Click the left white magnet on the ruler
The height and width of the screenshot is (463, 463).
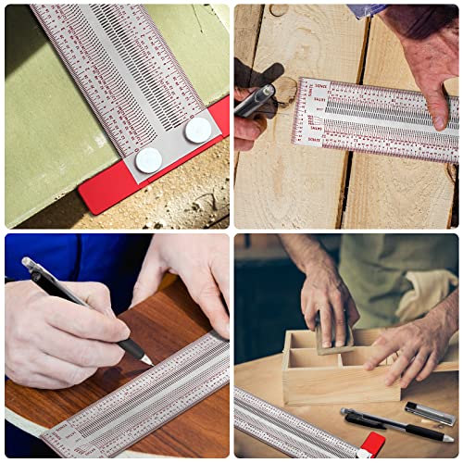point(148,160)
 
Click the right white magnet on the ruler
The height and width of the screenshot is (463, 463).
point(197,131)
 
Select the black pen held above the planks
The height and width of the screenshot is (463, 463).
point(256,100)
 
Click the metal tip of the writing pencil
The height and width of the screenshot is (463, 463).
point(145,358)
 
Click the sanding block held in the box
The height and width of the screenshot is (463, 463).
point(333,339)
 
